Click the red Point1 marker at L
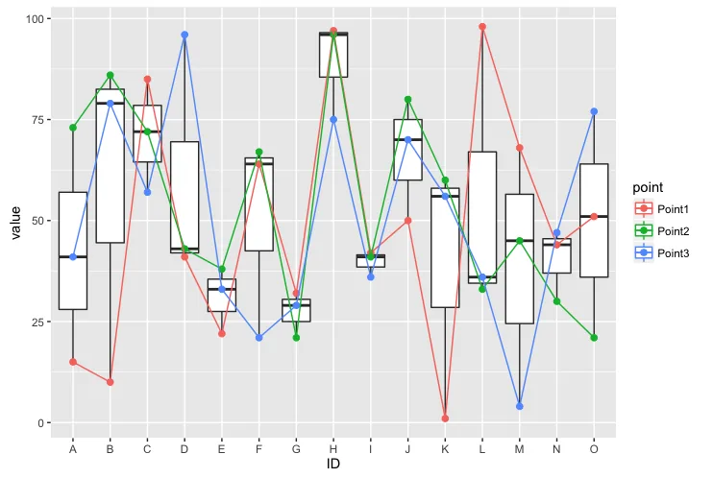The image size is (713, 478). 482,27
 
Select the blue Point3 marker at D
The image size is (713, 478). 184,35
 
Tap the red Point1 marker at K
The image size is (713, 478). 445,418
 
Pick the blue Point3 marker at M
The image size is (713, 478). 520,406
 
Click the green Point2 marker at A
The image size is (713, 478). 73,128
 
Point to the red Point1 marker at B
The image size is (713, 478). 111,382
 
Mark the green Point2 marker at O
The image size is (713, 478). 594,338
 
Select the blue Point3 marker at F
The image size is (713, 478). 259,338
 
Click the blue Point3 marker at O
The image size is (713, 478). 594,111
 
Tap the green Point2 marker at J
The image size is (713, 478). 407,100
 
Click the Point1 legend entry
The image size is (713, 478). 662,209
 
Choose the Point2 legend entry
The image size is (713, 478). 662,231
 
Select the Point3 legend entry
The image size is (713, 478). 662,253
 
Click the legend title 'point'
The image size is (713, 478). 648,188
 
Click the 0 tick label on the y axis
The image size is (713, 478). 41,423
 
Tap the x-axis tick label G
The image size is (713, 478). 296,449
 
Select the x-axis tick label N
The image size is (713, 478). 556,449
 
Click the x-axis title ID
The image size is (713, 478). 333,464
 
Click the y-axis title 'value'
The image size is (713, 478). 15,223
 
